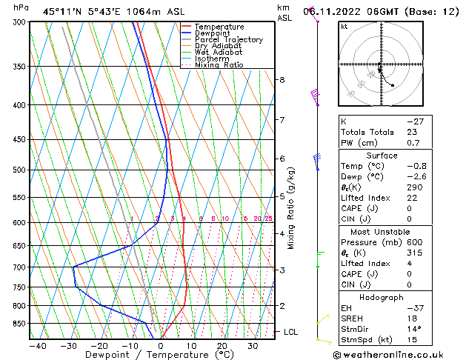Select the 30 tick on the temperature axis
tap(253, 346)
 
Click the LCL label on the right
tap(290, 332)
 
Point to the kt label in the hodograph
tap(344, 27)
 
